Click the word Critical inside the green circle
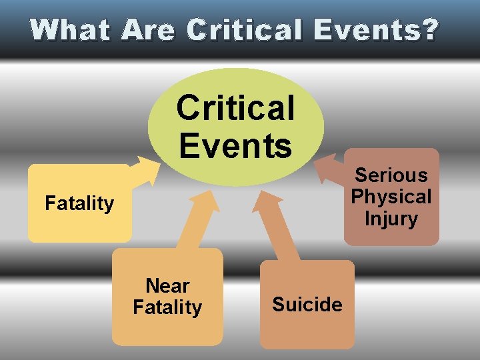pyautogui.click(x=235, y=108)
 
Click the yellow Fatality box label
pyautogui.click(x=79, y=203)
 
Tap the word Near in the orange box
pyautogui.click(x=167, y=286)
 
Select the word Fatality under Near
pyautogui.click(x=167, y=307)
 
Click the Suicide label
pyautogui.click(x=307, y=305)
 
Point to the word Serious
pyautogui.click(x=391, y=175)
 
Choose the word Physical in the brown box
pyautogui.click(x=391, y=197)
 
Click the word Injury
pyautogui.click(x=391, y=219)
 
